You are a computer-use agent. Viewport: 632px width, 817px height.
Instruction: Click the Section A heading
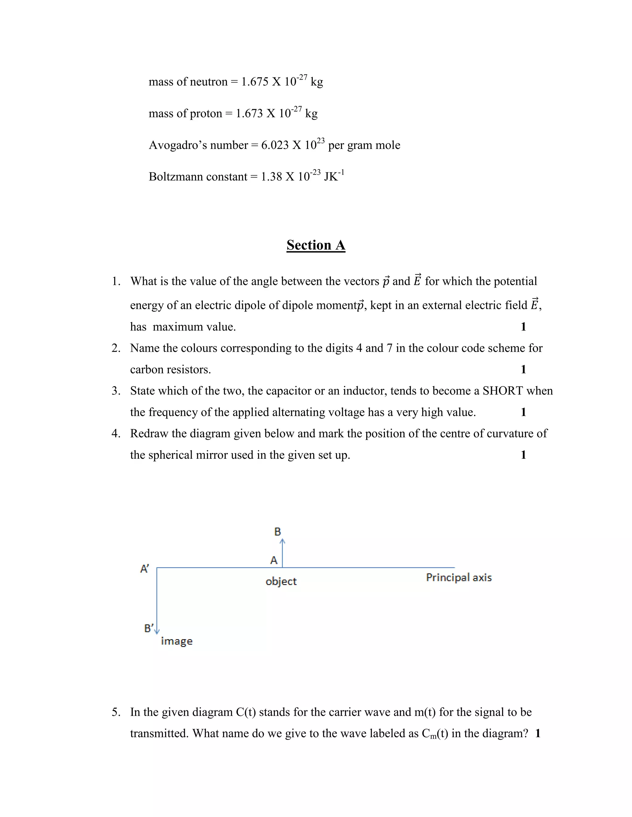point(316,245)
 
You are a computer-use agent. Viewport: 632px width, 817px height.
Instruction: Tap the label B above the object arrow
point(277,532)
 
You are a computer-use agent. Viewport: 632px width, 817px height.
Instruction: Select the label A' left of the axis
point(144,569)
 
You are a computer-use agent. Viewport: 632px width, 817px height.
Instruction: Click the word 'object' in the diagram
point(281,581)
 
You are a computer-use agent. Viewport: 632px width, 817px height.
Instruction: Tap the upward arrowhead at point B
point(283,541)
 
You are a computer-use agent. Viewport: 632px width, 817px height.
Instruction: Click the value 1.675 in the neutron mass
point(255,82)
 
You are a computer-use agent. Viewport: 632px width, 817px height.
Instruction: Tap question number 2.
point(116,348)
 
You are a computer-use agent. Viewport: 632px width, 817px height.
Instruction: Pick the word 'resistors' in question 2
point(189,370)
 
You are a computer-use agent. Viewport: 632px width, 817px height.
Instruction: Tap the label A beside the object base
point(274,560)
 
